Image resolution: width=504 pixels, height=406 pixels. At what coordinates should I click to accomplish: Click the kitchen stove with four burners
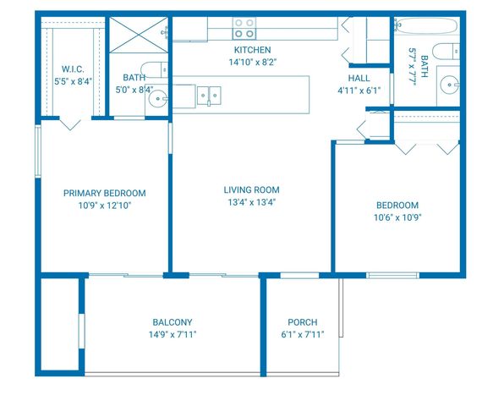coord(244,28)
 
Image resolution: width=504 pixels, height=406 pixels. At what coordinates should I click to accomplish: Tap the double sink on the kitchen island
coord(209,94)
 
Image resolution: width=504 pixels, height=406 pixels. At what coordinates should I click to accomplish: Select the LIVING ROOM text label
coord(251,189)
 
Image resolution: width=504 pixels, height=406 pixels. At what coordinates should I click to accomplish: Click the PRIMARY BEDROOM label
coord(105,193)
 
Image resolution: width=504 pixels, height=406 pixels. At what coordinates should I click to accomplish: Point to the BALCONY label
coord(173,322)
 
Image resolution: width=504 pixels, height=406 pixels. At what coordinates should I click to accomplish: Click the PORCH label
coord(302,322)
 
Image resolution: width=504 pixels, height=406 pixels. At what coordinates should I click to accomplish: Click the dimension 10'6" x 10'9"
coord(397,217)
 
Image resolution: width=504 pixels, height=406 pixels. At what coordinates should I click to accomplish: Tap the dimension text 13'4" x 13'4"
coord(251,202)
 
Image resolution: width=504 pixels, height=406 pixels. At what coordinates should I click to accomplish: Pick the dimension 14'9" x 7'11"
coord(173,334)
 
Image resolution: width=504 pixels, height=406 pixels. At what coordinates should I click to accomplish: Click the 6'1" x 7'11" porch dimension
coord(302,334)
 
